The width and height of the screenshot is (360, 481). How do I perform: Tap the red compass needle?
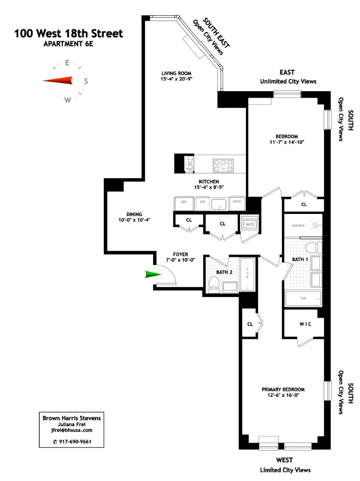click(58, 81)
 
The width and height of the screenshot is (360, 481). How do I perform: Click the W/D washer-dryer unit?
click(250, 224)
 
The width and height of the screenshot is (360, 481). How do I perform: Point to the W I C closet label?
click(304, 325)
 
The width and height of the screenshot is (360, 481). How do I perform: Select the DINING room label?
click(119, 213)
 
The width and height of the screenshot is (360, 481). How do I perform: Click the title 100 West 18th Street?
click(68, 34)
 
